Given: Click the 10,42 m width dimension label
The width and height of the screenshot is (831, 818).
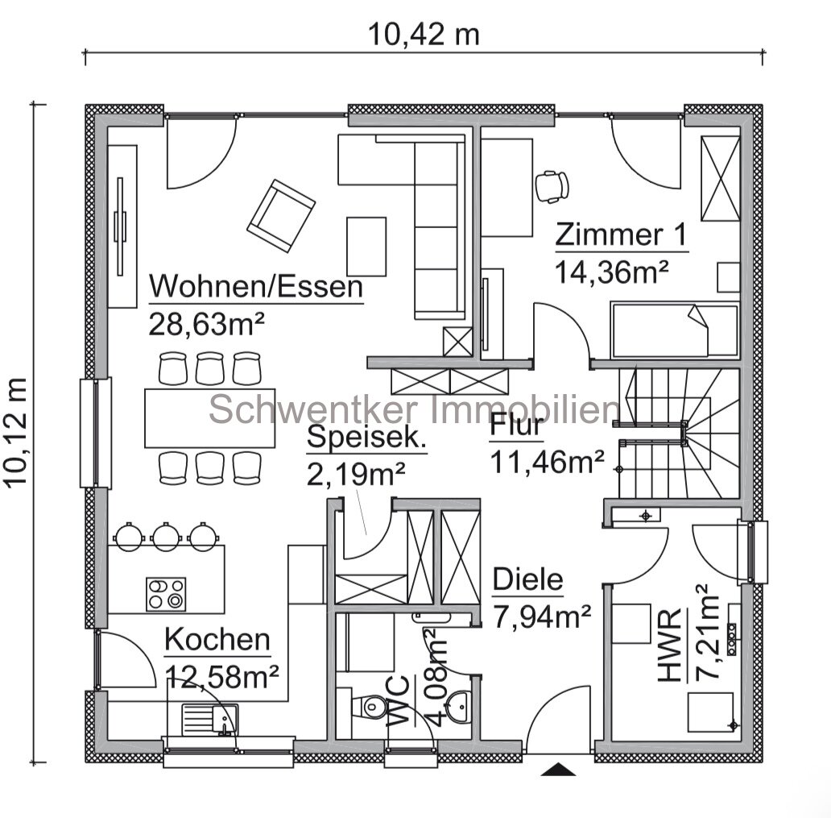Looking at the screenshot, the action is [x=424, y=35].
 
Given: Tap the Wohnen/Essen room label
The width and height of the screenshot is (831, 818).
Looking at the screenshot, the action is [x=256, y=286].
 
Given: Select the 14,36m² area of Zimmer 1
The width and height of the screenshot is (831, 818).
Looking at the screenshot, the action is [x=611, y=272].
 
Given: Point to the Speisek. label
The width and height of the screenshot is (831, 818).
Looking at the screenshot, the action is [x=366, y=437].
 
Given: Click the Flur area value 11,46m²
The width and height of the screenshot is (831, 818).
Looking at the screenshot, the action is [x=547, y=462].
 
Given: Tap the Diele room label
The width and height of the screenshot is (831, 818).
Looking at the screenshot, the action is [x=528, y=579].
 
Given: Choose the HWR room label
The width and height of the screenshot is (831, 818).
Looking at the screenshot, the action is [x=669, y=645].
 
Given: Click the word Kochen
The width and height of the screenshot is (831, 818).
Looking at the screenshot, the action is [x=217, y=640].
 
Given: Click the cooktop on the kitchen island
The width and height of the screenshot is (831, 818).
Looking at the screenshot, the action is [x=167, y=594].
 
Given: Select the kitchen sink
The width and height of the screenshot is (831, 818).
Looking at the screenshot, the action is [x=210, y=720].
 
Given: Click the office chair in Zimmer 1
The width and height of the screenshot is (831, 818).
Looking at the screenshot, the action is [x=552, y=186].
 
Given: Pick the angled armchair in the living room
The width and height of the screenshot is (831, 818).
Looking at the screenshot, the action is [x=281, y=216].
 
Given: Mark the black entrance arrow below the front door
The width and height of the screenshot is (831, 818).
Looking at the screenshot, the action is [x=558, y=769].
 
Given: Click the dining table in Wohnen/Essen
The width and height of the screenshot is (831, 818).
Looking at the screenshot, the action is [x=210, y=418].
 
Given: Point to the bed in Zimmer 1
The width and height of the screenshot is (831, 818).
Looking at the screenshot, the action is [x=675, y=330].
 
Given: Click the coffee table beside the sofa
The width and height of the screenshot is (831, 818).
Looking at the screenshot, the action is [x=366, y=246].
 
